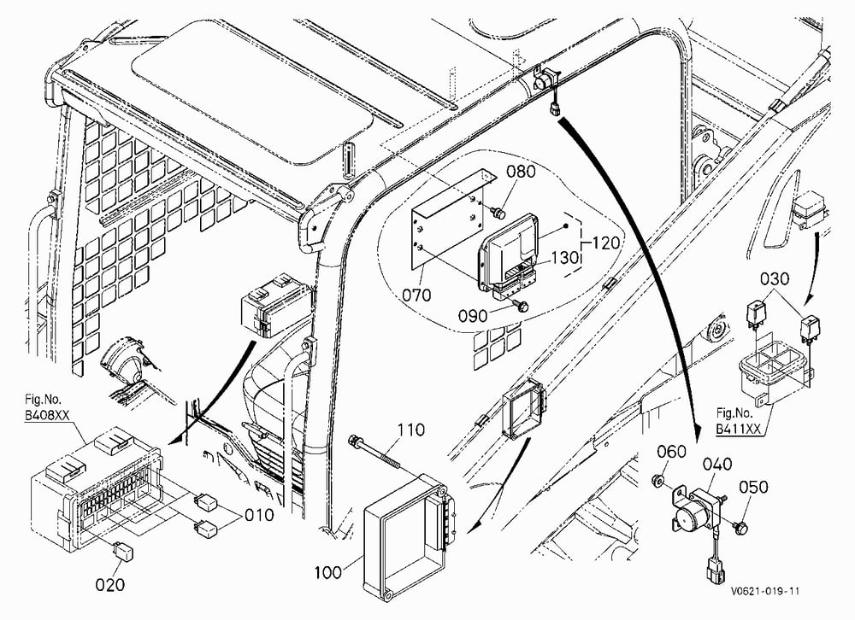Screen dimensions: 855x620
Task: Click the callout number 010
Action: (x=259, y=514)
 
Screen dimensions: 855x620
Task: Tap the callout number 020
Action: (x=110, y=585)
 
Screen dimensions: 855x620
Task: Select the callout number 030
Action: (x=775, y=278)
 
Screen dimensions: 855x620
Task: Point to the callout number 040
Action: (x=717, y=465)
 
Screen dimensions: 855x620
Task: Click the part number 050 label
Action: (x=753, y=487)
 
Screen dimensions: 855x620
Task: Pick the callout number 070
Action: (x=416, y=295)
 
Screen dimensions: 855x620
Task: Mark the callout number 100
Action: (x=328, y=572)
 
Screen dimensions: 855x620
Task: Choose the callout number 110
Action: (x=410, y=430)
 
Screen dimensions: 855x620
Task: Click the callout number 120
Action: (x=605, y=243)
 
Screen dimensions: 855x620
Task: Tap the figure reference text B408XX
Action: (x=47, y=415)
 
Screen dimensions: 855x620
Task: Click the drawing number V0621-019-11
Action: (x=766, y=591)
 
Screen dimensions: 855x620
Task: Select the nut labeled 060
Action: (x=657, y=480)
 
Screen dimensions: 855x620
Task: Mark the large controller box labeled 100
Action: (x=409, y=536)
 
